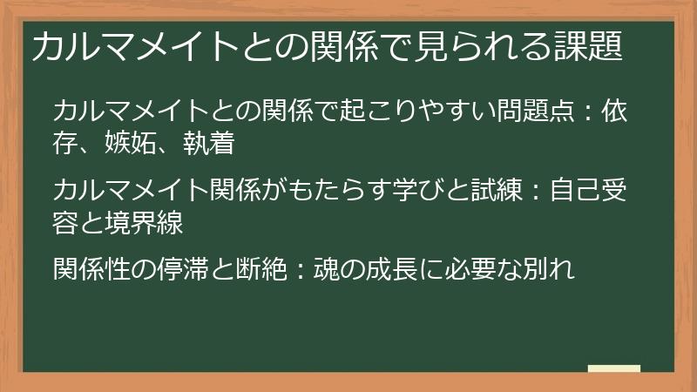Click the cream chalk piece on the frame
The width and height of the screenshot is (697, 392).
pyautogui.click(x=613, y=369)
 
